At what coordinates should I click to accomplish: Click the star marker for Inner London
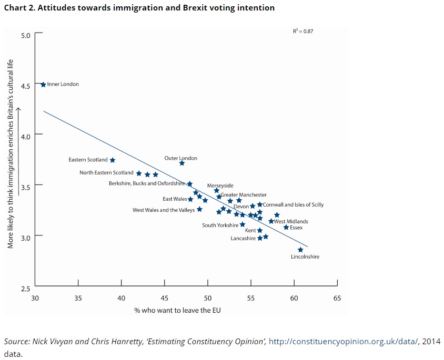(x=43, y=84)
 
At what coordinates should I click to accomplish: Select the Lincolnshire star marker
(x=300, y=250)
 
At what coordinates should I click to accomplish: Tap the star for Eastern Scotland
(x=112, y=160)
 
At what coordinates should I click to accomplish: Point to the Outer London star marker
(x=181, y=163)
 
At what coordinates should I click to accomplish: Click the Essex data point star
(x=286, y=227)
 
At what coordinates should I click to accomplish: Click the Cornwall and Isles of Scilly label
(x=293, y=204)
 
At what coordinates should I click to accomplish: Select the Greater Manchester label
(x=244, y=195)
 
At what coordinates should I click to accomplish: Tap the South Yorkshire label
(x=220, y=225)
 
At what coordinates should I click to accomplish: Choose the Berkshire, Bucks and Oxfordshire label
(x=147, y=183)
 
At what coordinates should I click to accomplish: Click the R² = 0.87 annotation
(x=303, y=31)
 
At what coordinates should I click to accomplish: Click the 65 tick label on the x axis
(x=337, y=298)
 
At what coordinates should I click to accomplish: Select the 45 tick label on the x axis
(x=165, y=298)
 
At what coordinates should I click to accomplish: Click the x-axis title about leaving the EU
(x=177, y=310)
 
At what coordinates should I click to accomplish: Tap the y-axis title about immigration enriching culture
(x=10, y=153)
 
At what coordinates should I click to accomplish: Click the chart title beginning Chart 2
(x=139, y=8)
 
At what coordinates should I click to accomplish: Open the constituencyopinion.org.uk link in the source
(x=344, y=342)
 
